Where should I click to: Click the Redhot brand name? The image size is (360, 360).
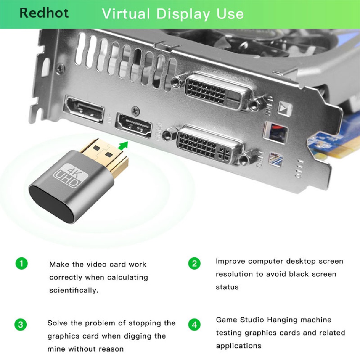44,13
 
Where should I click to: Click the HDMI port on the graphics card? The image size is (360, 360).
134,126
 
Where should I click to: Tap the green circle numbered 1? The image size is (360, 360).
22,264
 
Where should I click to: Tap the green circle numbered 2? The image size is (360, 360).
194,263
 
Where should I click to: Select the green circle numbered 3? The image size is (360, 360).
20,324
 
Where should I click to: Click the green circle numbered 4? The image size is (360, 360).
194,324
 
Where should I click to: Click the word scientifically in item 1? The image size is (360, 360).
73,291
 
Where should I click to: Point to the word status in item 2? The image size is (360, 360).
227,287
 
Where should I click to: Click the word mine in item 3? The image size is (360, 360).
57,349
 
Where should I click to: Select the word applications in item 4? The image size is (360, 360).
238,346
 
